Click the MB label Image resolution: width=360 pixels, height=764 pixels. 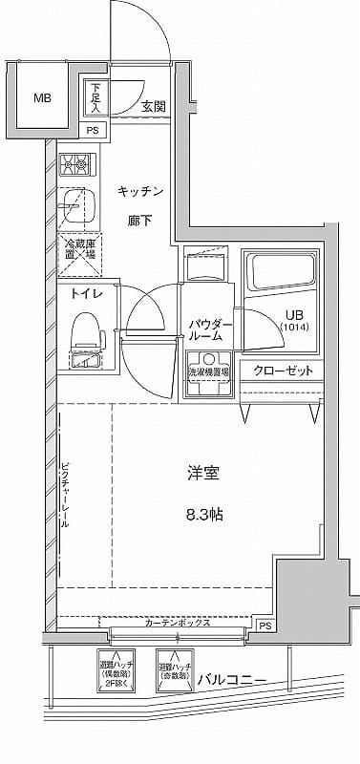[43, 97]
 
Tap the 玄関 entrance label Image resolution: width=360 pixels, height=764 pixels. [154, 106]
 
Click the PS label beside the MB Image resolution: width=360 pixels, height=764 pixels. [93, 130]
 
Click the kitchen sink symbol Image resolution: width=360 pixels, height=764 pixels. [76, 204]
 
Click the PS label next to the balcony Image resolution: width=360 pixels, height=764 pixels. [265, 626]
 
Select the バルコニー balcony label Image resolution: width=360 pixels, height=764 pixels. [232, 680]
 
